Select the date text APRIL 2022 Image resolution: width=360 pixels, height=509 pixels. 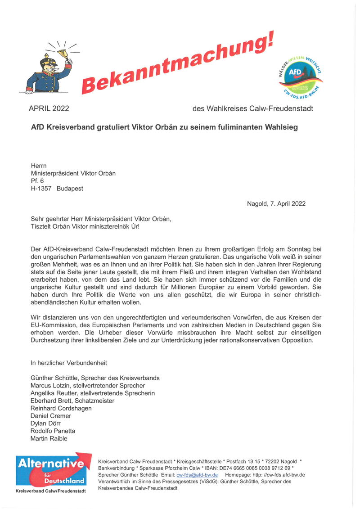[49, 108]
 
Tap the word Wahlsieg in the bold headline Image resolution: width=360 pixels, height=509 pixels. [279, 127]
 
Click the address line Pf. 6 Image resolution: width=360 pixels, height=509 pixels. [37, 181]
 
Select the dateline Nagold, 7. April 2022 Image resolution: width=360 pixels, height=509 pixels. [276, 203]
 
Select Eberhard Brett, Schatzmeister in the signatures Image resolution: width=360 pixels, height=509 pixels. [72, 401]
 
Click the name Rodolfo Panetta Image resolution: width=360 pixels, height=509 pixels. [53, 431]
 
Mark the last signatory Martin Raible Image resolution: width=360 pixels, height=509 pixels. [49, 438]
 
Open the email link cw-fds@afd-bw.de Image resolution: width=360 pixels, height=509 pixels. [197, 475]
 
